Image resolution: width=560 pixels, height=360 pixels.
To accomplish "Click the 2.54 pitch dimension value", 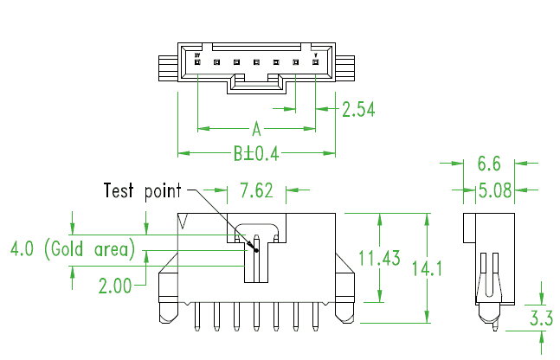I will point(357,109).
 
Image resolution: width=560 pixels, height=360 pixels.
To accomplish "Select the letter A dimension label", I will point(256,130).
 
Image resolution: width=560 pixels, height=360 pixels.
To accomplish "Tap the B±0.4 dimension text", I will point(256,154).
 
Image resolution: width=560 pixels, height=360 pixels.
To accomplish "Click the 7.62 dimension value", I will point(256,190).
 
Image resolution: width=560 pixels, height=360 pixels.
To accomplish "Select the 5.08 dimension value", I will point(489,190).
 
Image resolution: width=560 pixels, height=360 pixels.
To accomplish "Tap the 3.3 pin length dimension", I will point(541,318).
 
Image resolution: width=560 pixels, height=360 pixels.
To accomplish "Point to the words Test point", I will point(143,190).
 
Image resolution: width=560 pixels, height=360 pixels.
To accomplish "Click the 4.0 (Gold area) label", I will point(73,250).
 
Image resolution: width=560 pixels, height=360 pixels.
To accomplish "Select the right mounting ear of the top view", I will point(345,67).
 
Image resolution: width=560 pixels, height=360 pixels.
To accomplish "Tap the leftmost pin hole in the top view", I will point(198,62).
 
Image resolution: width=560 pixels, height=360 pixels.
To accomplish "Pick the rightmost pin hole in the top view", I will point(316,62).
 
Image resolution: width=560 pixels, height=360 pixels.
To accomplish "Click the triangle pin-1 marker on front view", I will point(183,222).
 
